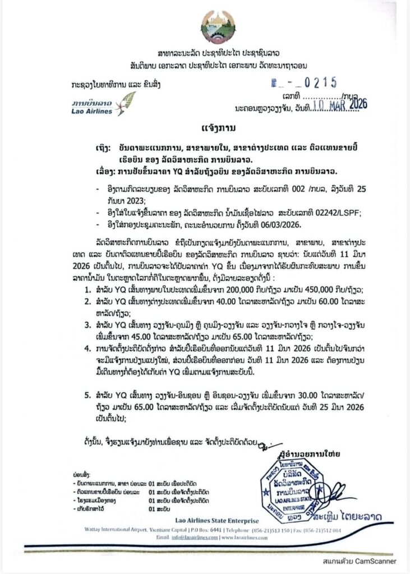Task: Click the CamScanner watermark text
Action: click(360, 561)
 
